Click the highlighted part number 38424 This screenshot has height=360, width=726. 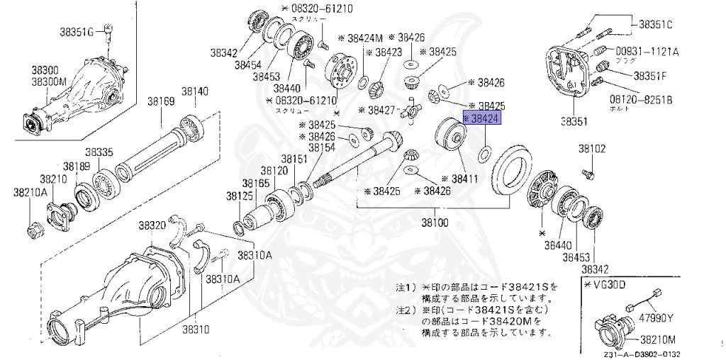(482, 118)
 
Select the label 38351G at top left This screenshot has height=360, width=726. (75, 32)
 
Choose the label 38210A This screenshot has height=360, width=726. (30, 192)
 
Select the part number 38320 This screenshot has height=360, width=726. (152, 225)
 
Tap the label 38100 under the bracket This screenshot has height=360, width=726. (435, 222)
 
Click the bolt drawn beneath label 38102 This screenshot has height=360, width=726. (587, 172)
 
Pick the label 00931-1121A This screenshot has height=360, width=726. (647, 52)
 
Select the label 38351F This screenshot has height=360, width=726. (650, 75)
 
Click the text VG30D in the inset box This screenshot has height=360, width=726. (603, 284)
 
